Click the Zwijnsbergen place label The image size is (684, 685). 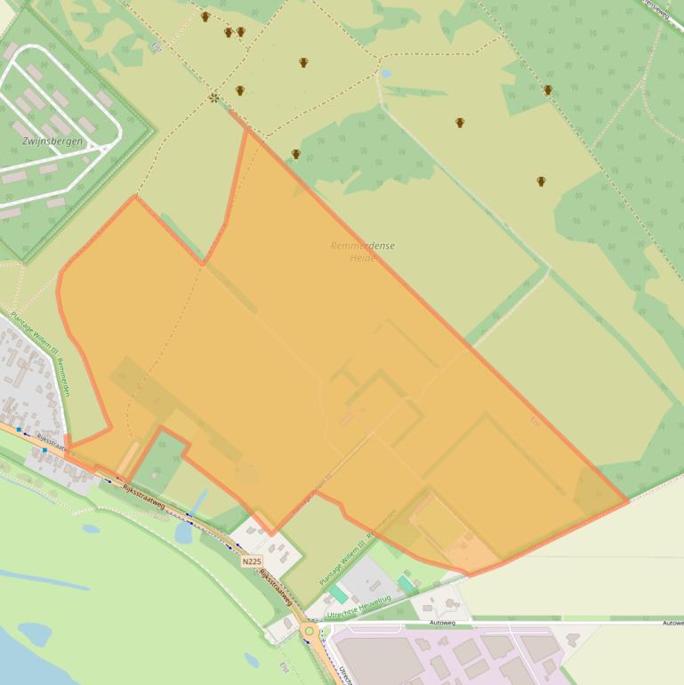click(52, 141)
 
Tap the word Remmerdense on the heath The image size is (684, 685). click(362, 246)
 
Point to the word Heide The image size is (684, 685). click(362, 258)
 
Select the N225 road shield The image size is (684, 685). click(251, 561)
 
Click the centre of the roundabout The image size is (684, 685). click(309, 631)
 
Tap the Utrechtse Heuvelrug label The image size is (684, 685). click(358, 609)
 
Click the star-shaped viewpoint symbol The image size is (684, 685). click(213, 97)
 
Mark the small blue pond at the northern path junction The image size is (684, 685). click(385, 74)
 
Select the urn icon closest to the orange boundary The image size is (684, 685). click(295, 154)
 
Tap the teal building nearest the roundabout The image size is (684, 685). click(338, 593)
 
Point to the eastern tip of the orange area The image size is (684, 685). click(628, 500)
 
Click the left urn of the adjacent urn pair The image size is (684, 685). click(229, 32)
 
